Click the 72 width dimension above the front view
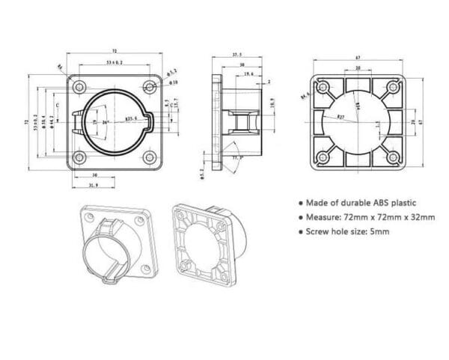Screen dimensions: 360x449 114,51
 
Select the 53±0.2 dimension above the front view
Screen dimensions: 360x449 114,64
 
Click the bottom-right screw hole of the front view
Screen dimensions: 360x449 150,157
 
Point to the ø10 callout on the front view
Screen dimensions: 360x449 173,82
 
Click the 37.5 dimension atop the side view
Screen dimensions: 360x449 236,55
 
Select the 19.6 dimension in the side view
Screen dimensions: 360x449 248,75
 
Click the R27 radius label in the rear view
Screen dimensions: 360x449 340,118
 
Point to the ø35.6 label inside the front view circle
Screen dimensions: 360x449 130,118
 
